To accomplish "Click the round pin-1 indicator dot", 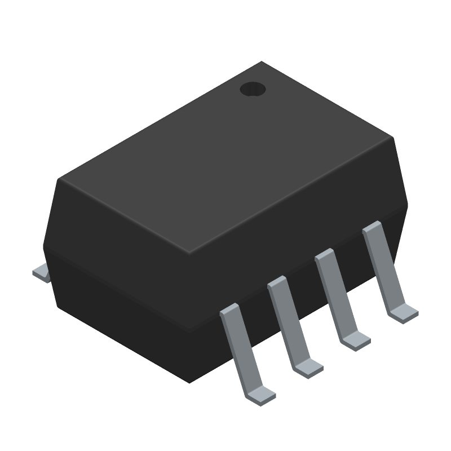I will coord(253,89).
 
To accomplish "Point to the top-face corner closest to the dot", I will coord(262,62).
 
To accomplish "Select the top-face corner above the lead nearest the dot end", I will coord(392,137).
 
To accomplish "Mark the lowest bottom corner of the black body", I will coord(189,383).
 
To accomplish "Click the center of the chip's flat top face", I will coord(225,158).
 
